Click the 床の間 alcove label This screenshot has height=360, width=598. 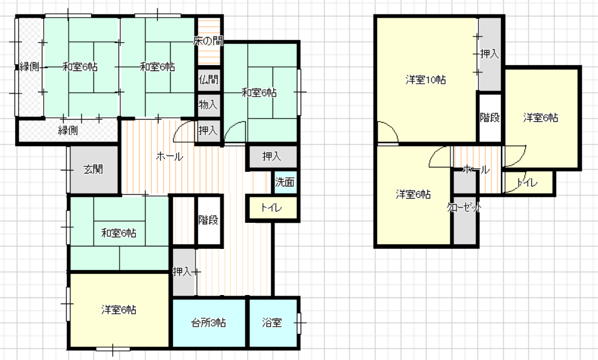tap(208, 41)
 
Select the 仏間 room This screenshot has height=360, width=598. tap(208, 80)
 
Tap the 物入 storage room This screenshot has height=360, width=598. tap(208, 104)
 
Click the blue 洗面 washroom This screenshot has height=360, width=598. tap(285, 182)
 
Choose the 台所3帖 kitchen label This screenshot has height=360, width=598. tap(208, 323)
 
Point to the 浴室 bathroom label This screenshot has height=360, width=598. tap(272, 322)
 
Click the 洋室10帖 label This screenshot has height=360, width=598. tap(426, 80)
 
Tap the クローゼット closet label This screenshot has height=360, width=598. tap(464, 208)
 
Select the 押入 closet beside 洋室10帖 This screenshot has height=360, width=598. tap(490, 54)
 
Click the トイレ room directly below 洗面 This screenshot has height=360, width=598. tap(272, 208)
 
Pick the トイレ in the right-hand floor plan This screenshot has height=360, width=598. tap(528, 183)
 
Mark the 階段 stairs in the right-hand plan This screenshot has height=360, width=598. tap(490, 117)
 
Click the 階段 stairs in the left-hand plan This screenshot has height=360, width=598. tap(209, 220)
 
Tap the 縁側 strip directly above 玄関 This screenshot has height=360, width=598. tap(68, 131)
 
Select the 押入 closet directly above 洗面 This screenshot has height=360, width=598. tap(272, 157)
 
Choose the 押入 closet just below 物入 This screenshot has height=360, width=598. tap(208, 131)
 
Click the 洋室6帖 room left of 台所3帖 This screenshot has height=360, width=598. tap(119, 310)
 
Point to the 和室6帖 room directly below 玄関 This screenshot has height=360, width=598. tap(119, 233)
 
